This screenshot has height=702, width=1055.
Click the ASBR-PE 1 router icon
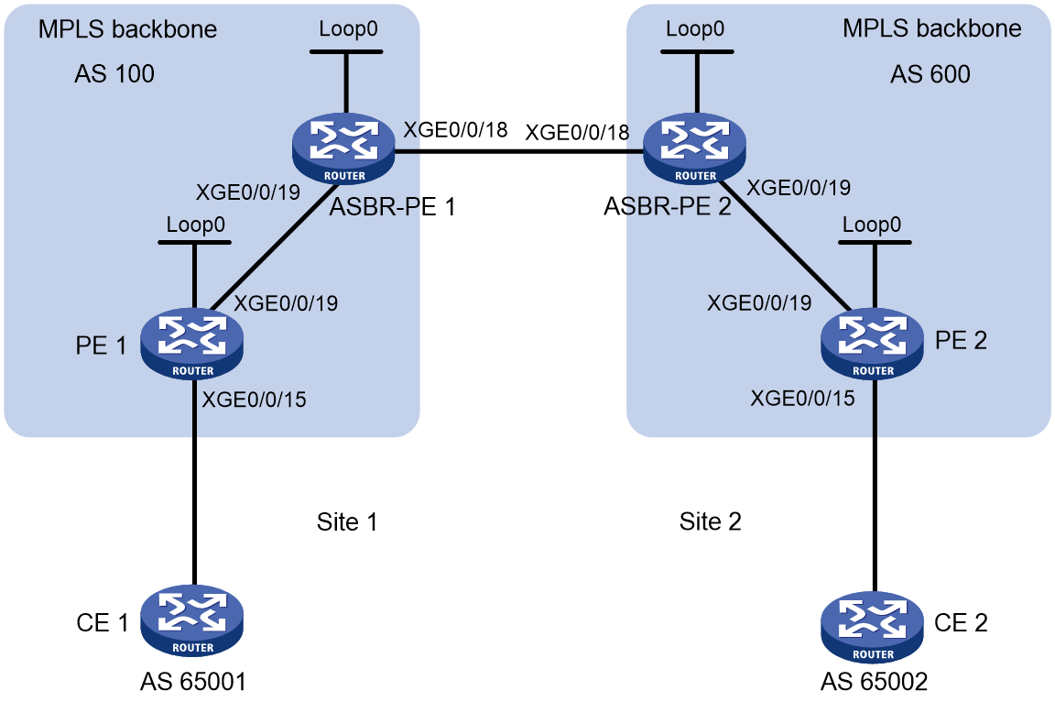[x=343, y=148]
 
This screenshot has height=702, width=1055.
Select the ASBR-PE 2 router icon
[x=694, y=148]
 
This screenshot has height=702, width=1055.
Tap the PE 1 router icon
[x=192, y=344]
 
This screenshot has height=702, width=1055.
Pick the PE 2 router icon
[x=873, y=344]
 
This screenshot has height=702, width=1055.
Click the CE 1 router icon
[x=192, y=620]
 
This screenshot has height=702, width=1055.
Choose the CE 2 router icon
[x=873, y=627]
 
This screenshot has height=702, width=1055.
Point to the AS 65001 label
[x=193, y=682]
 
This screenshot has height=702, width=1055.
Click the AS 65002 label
[x=874, y=682]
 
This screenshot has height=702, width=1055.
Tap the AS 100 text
[x=114, y=73]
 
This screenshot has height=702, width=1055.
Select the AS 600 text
[x=930, y=73]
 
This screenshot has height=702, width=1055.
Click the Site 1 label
[x=347, y=521]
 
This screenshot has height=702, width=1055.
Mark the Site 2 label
[x=711, y=521]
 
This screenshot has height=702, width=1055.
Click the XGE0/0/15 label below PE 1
[x=255, y=400]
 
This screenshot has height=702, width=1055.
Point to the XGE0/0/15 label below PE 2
[x=802, y=398]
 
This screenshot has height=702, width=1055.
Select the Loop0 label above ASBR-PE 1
[x=349, y=29]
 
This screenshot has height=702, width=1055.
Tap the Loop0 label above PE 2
[x=872, y=225]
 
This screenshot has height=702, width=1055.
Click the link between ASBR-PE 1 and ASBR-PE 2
[x=518, y=151]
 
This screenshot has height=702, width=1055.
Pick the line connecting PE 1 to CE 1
[x=194, y=482]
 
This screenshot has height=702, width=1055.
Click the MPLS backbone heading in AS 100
[x=128, y=29]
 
